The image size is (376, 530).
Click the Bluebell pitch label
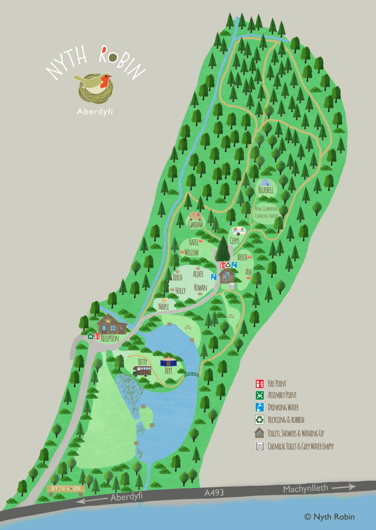(266, 190)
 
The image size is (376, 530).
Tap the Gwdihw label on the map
(195, 224)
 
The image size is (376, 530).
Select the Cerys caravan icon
(238, 231)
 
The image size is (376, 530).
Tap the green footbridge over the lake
(192, 375)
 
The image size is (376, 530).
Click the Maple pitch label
(164, 307)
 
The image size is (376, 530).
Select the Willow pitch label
(191, 252)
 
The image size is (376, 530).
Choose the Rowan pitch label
(201, 288)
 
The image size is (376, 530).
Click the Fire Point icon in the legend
(260, 383)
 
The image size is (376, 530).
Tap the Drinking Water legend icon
(260, 407)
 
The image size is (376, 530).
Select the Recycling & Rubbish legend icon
(260, 419)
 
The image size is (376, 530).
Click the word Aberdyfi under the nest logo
(95, 111)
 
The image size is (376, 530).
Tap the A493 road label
(214, 493)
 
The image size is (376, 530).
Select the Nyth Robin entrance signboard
(66, 489)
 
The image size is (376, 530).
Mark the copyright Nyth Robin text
(330, 517)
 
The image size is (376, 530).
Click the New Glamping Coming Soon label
(266, 212)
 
